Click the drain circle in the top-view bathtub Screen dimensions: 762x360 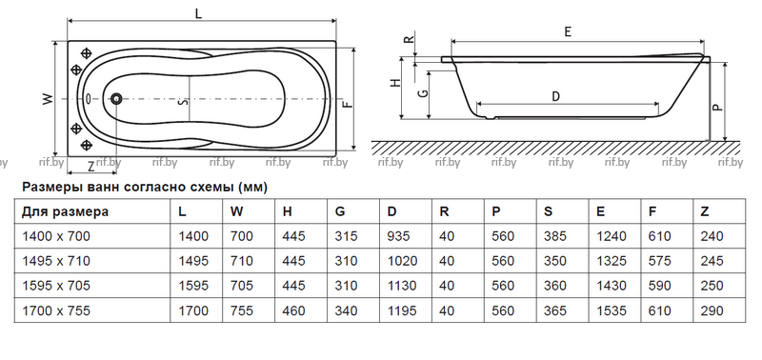pos(116,99)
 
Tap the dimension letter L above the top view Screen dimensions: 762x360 pos(198,13)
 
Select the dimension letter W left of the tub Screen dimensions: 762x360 pos(47,99)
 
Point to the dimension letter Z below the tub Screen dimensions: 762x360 pos(90,167)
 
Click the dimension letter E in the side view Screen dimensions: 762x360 pos(568,32)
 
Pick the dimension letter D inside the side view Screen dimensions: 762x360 pos(556,97)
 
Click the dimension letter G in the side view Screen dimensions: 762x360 pos(424,92)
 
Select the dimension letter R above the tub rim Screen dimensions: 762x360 pos(411,38)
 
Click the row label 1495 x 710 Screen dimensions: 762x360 pos(56,261)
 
